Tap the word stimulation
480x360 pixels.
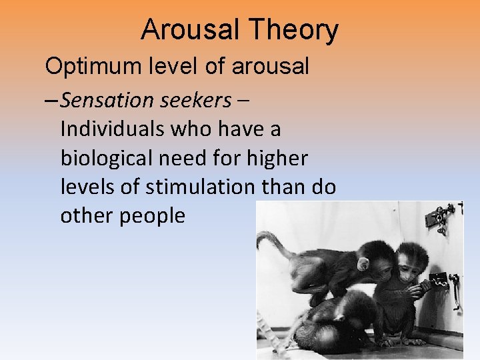[198, 187]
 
